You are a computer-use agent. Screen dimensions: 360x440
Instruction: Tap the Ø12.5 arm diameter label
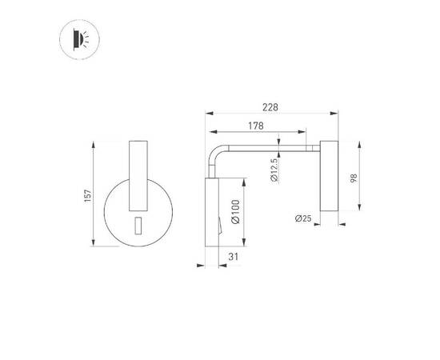(274, 170)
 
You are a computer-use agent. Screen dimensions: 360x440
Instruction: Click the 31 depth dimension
(232, 256)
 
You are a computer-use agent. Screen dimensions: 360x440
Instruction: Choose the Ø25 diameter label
(302, 218)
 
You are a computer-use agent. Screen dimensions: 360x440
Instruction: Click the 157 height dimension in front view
(87, 194)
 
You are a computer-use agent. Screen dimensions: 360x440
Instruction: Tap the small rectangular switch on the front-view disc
(138, 226)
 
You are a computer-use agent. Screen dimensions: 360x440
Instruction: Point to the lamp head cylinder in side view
(329, 178)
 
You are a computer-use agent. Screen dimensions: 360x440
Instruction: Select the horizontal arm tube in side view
(272, 147)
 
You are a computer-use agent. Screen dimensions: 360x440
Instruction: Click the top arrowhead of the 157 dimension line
(94, 145)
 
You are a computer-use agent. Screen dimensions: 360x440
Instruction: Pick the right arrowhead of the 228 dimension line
(337, 114)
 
